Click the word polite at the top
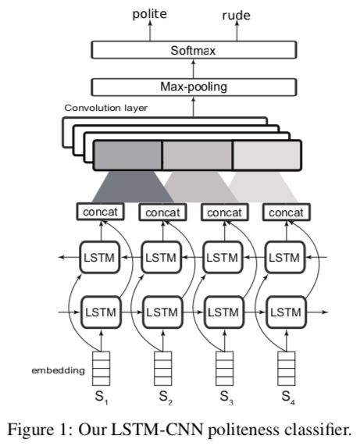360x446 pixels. pos(150,14)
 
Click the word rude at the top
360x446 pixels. pos(236,15)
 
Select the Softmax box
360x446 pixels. pos(194,50)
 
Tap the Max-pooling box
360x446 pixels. pos(194,87)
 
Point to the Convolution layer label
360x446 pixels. pos(105,108)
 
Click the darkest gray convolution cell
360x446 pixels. pos(127,155)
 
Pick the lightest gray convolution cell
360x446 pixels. pos(267,155)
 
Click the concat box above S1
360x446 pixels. pos(100,212)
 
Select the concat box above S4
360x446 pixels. pos(286,212)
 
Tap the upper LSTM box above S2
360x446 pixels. pos(161,258)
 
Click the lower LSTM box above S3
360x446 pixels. pos(223,312)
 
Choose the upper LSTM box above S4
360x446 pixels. pos(284,258)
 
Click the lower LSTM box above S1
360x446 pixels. pos(101,312)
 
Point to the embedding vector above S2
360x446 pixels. pos(163,369)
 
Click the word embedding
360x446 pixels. pos(59,370)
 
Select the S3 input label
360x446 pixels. pos(226,397)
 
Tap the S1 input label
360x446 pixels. pos(102,397)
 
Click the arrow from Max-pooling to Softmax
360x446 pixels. pos(194,69)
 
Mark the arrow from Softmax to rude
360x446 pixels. pos(237,30)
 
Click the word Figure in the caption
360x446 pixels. pos(30,430)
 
